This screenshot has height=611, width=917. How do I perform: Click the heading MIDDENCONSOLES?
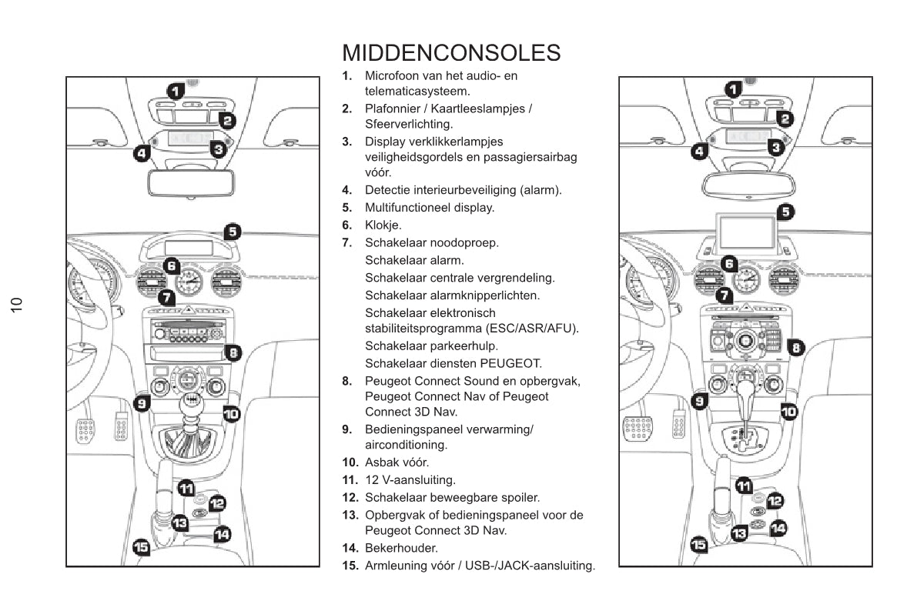(x=451, y=53)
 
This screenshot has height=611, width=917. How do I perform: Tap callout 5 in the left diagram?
(x=233, y=230)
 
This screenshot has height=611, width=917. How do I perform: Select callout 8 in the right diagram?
(x=796, y=348)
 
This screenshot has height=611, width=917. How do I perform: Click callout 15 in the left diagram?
(x=142, y=546)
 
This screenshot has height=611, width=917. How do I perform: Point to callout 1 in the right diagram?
(x=733, y=89)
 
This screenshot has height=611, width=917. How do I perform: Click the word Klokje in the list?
(x=383, y=225)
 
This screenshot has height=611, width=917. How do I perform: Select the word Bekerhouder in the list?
(x=401, y=549)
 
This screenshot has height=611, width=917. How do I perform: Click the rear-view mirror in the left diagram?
(x=192, y=183)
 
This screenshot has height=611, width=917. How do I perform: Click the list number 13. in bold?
(x=351, y=515)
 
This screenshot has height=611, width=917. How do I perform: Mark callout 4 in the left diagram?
(x=141, y=153)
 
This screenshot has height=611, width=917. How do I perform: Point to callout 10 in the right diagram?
(x=788, y=412)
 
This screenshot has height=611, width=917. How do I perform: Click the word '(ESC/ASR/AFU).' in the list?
(x=531, y=329)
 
